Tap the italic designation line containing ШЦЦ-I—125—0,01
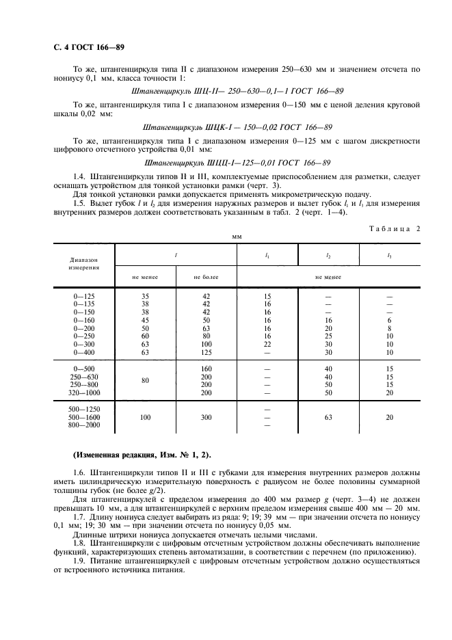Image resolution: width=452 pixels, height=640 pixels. (237, 163)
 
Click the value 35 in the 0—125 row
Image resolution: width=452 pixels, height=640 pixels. (145, 295)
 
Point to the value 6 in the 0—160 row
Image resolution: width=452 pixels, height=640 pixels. (390, 319)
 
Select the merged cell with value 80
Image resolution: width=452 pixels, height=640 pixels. (145, 381)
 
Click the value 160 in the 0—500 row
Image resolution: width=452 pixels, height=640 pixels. (206, 369)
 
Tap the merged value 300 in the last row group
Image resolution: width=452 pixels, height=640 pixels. (206, 416)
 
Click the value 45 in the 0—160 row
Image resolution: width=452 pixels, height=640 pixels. (145, 319)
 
